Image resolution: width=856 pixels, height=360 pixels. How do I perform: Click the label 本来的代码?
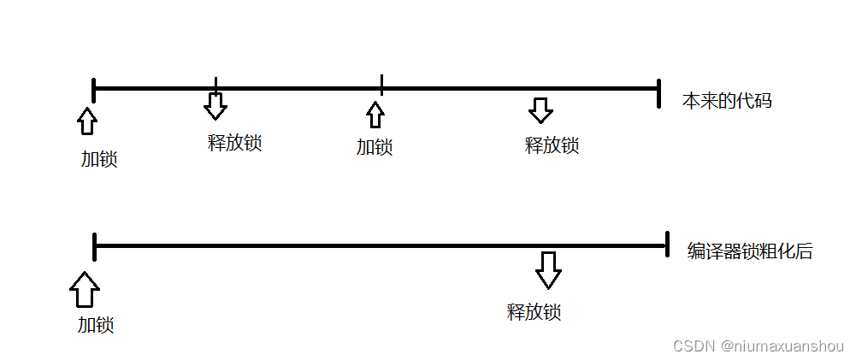coord(727,101)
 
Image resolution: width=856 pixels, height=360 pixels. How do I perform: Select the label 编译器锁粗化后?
coord(750,251)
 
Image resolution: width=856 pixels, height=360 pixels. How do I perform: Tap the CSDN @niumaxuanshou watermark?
coord(758,345)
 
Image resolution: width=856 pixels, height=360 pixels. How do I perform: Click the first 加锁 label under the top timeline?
coord(99,159)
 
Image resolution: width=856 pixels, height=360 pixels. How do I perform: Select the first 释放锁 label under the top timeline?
coord(234,143)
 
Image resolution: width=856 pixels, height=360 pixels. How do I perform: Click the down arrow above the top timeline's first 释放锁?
coord(215,105)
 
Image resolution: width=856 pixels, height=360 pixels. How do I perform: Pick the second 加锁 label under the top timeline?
coord(375,147)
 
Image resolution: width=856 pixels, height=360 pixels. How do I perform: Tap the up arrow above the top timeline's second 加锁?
coord(375,115)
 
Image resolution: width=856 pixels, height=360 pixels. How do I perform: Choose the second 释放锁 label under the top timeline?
coord(552,145)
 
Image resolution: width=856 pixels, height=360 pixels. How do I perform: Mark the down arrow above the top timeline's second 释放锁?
coord(540,109)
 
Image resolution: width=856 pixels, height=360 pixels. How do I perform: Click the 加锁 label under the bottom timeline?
coord(96,325)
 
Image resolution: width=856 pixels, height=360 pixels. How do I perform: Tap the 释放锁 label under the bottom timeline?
coord(534,311)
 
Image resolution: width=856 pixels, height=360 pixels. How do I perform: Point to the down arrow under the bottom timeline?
coord(548,270)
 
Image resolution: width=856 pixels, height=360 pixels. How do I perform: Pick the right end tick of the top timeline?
coord(658,92)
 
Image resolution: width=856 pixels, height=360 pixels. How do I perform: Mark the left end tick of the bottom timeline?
coord(95,246)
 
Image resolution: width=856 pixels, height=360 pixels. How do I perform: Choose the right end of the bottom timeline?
coord(665,245)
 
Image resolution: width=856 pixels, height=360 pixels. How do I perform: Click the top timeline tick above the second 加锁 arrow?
coord(381,85)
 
